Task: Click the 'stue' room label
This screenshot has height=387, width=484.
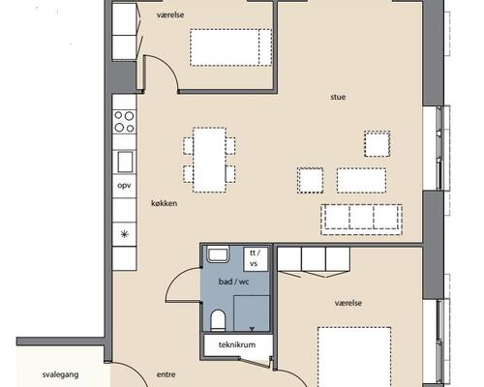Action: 338,97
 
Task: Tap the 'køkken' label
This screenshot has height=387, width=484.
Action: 164,203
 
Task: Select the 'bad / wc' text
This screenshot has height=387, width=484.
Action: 234,282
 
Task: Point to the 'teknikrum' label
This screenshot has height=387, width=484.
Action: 237,344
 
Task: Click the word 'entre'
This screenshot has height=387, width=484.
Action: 166,374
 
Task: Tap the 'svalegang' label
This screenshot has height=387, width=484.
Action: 61,374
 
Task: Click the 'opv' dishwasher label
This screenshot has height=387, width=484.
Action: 124,186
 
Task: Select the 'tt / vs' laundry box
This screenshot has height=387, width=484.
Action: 256,258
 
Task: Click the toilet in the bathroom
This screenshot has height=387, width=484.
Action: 218,320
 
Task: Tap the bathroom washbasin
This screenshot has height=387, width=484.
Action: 218,253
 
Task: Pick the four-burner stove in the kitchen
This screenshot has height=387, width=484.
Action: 124,122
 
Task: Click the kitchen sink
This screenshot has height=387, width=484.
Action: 125,162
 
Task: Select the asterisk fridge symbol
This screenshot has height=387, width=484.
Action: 125,234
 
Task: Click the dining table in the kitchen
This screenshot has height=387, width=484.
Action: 209,160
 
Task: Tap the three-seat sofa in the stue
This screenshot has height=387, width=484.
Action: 362,220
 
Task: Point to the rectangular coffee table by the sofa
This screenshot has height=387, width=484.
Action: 361,181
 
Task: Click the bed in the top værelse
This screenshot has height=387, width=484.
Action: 230,47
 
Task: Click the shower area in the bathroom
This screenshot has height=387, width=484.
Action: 252,313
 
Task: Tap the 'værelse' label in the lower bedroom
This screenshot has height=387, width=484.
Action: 348,303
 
